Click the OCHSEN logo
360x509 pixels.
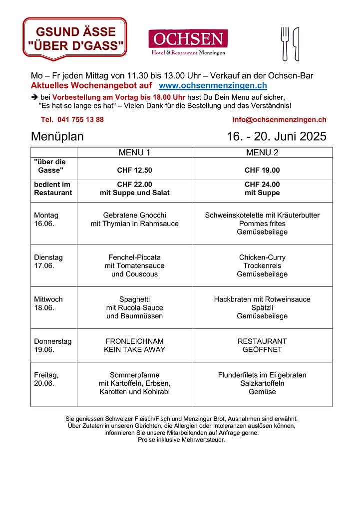(188, 42)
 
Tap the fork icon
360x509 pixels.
(285, 43)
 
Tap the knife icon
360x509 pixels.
(296, 43)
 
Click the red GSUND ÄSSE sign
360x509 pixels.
(75, 38)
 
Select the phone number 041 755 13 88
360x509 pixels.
(72, 120)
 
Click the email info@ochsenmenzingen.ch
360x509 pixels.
(279, 120)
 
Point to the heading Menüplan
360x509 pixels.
(57, 137)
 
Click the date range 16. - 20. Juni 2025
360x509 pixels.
(276, 137)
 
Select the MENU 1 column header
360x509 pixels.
(134, 153)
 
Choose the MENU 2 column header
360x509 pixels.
(262, 153)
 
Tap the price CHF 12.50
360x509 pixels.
(134, 170)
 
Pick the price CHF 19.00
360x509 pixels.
(262, 170)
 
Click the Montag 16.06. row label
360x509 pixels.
(46, 220)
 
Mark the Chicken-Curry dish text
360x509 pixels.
(262, 257)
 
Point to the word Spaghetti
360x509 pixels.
(134, 299)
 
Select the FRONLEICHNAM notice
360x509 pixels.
(134, 341)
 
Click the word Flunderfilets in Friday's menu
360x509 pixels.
(238, 375)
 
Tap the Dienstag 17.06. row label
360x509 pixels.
(48, 261)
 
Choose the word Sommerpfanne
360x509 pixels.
(134, 375)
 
